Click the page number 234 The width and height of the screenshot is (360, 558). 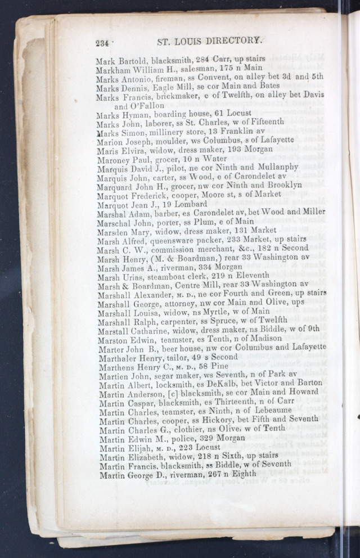(104, 42)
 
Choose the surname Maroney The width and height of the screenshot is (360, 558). (114, 159)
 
